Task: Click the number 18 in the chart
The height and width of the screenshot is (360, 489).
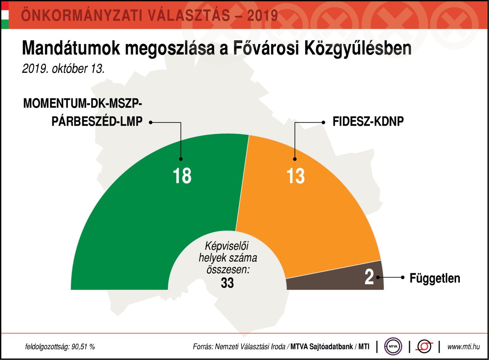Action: (x=182, y=176)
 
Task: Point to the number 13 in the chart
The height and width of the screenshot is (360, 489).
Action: (x=295, y=176)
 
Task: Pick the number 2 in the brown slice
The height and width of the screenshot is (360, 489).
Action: (x=369, y=277)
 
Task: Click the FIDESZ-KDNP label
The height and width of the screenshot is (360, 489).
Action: (x=368, y=122)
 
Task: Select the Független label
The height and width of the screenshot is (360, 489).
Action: (x=435, y=278)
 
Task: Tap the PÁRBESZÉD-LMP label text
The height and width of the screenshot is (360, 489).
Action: (x=97, y=122)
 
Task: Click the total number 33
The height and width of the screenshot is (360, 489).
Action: (x=227, y=283)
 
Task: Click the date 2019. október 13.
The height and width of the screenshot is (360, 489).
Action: (x=63, y=69)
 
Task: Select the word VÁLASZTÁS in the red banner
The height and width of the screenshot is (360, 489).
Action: (x=189, y=15)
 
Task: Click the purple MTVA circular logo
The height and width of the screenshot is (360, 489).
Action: (x=393, y=346)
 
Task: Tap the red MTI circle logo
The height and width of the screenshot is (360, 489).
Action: (x=425, y=346)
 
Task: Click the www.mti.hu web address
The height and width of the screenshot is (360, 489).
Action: (x=464, y=347)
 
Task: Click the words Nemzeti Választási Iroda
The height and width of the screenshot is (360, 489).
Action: (x=250, y=347)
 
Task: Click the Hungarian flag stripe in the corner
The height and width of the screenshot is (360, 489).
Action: (x=5, y=15)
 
